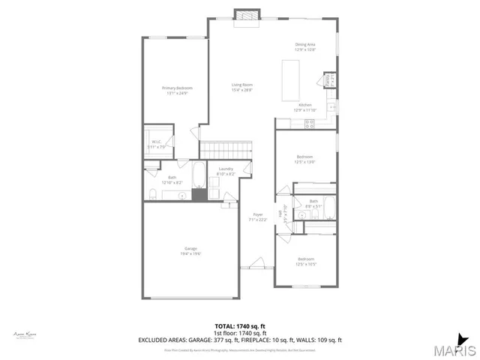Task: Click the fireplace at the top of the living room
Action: (245, 16)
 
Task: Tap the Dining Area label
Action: (305, 44)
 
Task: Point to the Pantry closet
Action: (328, 80)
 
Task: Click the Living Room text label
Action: (241, 85)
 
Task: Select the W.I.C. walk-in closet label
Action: (156, 142)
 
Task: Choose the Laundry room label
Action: (226, 169)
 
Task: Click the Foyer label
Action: (258, 214)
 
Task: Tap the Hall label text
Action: (280, 213)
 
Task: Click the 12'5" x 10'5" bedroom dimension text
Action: (306, 264)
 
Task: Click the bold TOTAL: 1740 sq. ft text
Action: (240, 325)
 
